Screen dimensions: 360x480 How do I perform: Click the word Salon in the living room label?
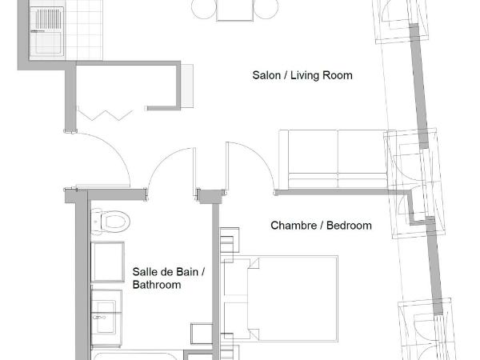coord(266,76)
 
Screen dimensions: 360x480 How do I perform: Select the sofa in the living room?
coord(336,158)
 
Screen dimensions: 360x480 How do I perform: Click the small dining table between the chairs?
coord(234,8)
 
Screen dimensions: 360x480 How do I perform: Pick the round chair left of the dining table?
coord(203,8)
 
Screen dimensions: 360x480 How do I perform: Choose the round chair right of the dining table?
coord(266,8)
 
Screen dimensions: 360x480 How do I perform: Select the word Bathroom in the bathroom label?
coord(157,285)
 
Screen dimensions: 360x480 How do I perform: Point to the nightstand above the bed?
coord(230,241)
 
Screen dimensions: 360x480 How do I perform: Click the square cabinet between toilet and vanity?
coord(107,260)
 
